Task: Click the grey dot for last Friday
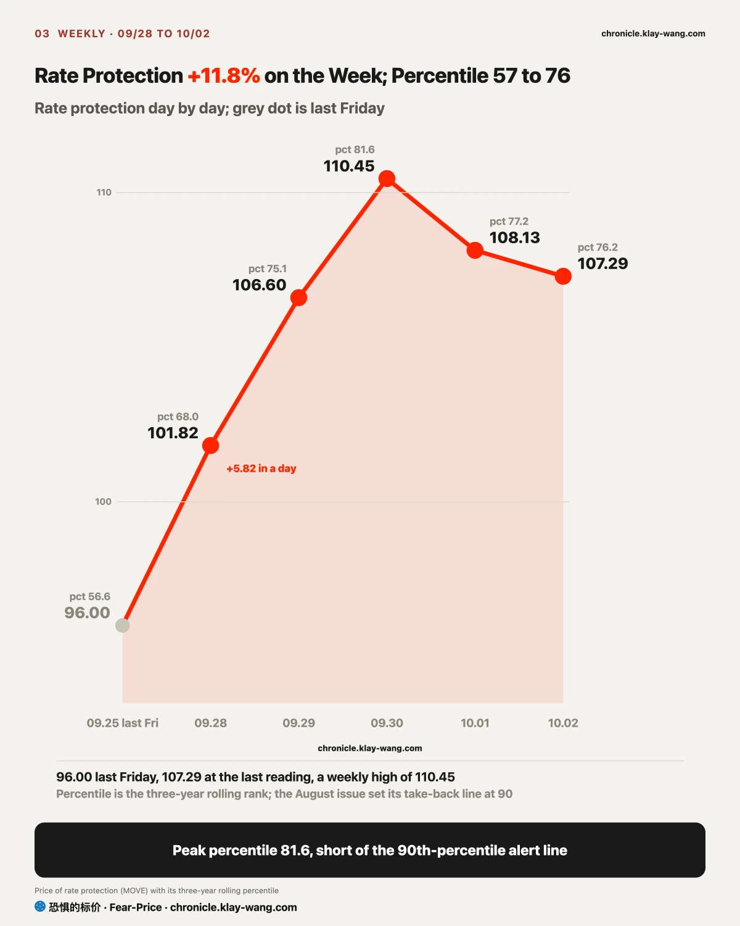click(x=123, y=625)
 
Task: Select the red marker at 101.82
click(x=211, y=445)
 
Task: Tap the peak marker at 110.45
click(x=387, y=178)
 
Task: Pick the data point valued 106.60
click(x=299, y=298)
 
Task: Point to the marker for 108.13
click(x=475, y=250)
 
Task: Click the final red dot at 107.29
click(x=563, y=276)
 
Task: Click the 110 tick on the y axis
click(x=104, y=193)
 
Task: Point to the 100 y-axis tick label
click(x=103, y=501)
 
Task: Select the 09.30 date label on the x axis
click(x=387, y=723)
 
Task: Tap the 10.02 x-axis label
click(x=563, y=723)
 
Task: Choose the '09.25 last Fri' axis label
click(x=123, y=723)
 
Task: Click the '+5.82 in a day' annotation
click(x=261, y=469)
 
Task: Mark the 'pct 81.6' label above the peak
click(x=355, y=150)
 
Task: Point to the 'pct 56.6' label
click(x=90, y=596)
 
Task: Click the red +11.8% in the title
click(x=224, y=76)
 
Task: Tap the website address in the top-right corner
click(x=653, y=33)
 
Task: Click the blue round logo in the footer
click(x=40, y=906)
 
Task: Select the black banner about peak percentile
click(x=370, y=850)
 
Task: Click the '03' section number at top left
click(x=42, y=33)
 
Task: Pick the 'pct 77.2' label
click(x=509, y=221)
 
